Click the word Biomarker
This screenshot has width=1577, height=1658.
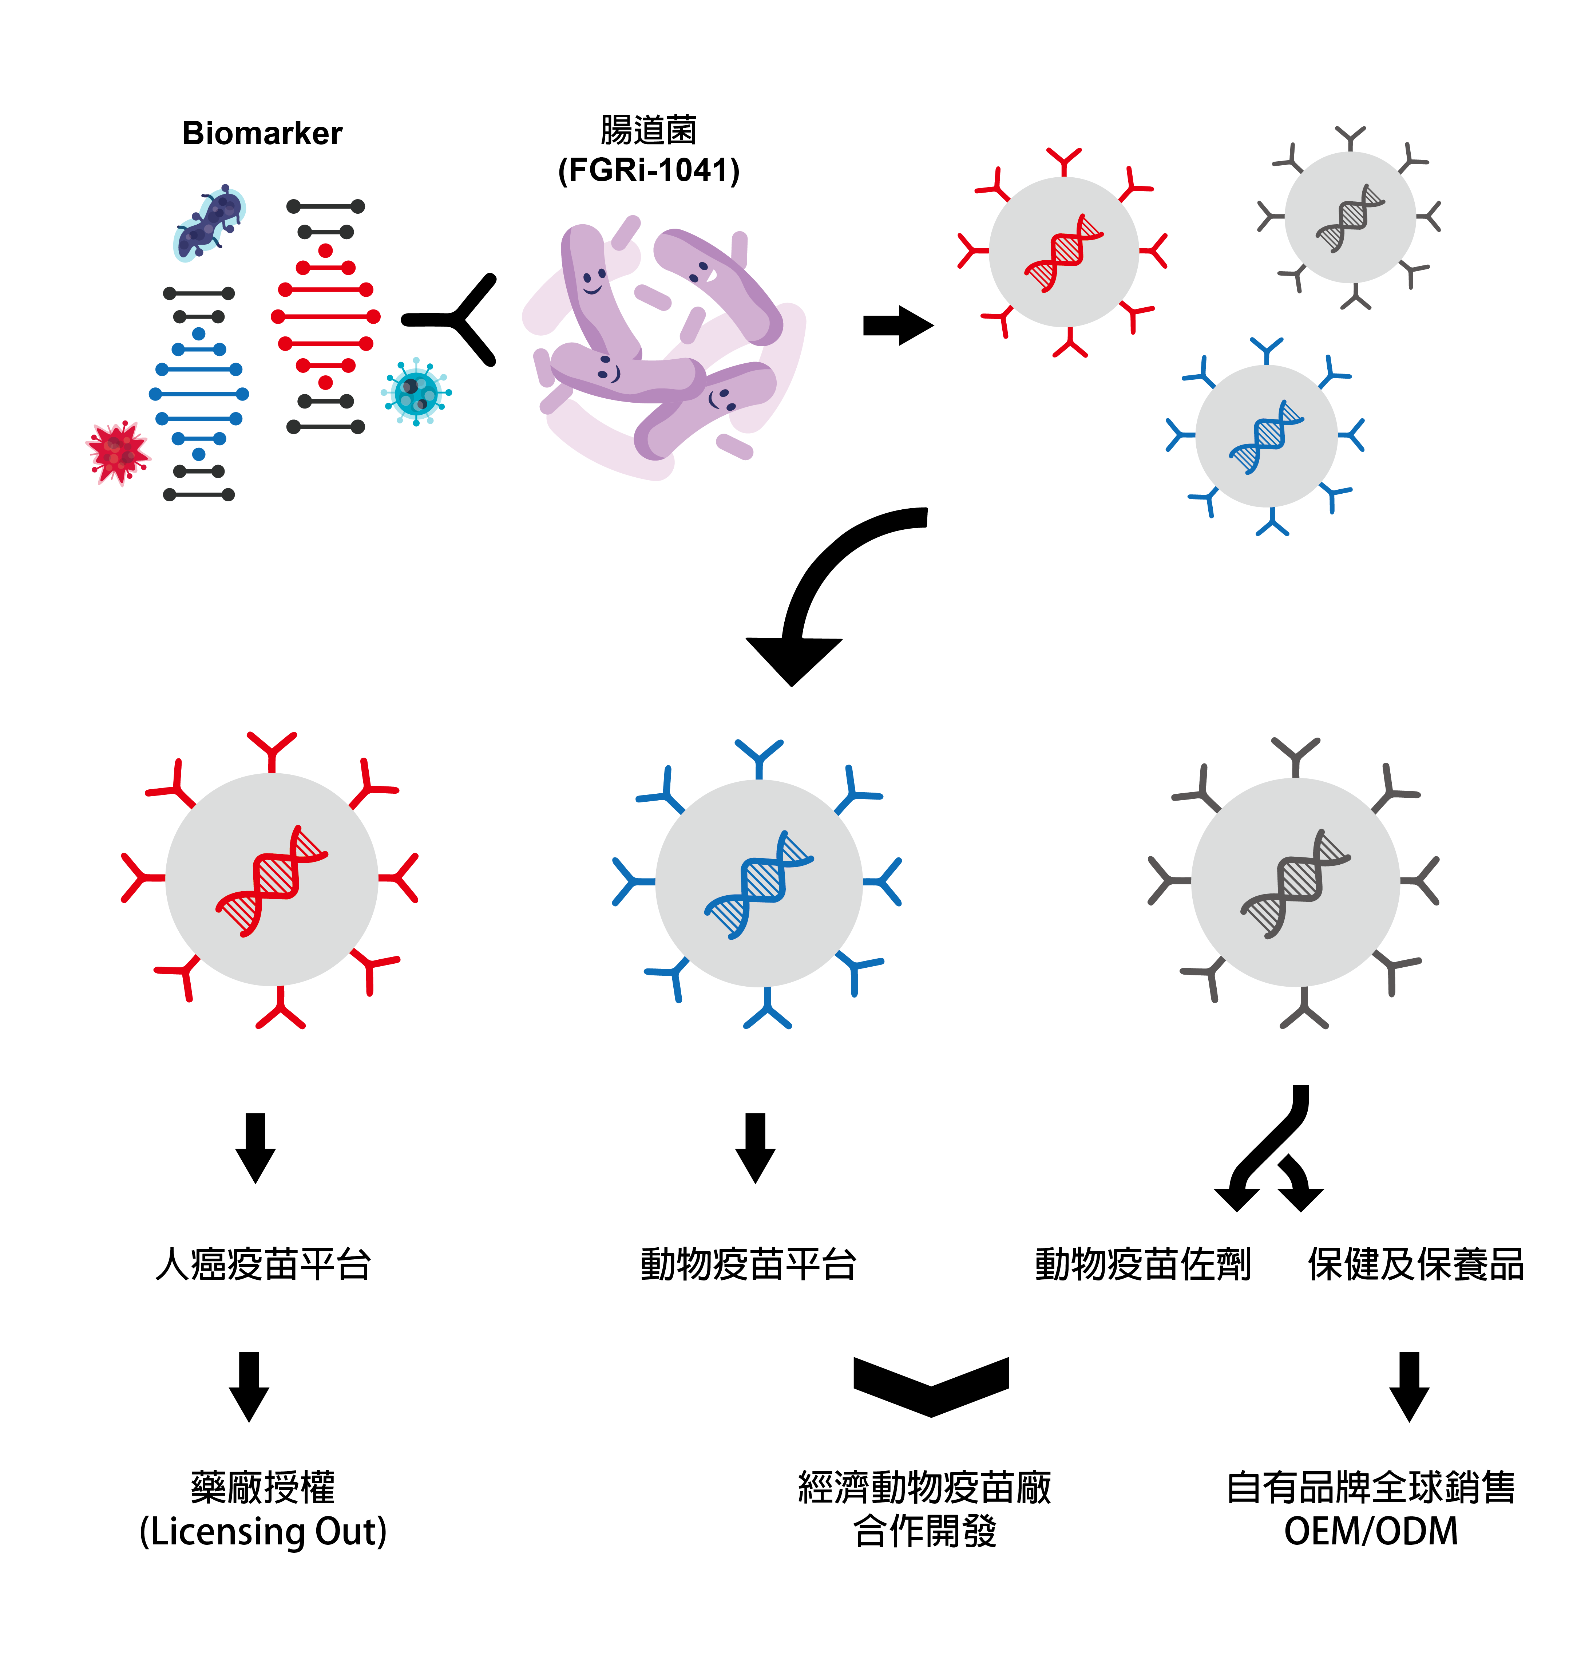tap(262, 134)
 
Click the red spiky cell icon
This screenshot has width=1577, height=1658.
tap(118, 452)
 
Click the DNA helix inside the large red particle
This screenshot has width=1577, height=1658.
tap(272, 880)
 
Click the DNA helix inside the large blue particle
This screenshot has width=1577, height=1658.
tap(758, 884)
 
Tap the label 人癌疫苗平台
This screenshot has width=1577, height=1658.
tap(263, 1264)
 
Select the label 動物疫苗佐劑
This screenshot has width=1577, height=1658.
tap(1142, 1264)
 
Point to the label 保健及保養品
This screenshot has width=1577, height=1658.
tap(1416, 1264)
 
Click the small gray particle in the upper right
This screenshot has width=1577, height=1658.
tap(1349, 217)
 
